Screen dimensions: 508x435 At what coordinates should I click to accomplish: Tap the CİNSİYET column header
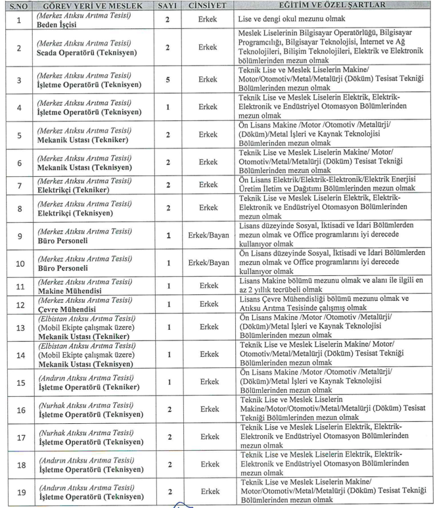[208, 5]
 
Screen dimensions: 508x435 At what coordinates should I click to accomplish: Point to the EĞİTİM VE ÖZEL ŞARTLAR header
[333, 5]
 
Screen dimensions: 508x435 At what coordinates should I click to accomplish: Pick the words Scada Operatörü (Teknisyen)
[82, 53]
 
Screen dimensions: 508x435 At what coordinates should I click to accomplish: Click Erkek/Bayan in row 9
[208, 235]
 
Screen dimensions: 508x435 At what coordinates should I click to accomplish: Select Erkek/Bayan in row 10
[208, 263]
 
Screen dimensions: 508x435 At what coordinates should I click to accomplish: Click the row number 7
[19, 185]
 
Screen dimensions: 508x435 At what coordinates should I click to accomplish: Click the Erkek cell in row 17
[208, 436]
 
